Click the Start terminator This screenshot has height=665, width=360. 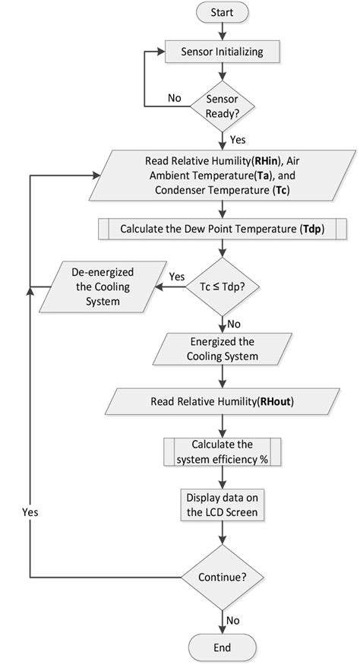pyautogui.click(x=222, y=13)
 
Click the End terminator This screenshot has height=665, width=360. pyautogui.click(x=222, y=648)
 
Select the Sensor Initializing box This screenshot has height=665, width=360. pyautogui.click(x=222, y=52)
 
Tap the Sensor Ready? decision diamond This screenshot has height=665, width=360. pyautogui.click(x=222, y=106)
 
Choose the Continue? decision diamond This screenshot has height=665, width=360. pyautogui.click(x=222, y=577)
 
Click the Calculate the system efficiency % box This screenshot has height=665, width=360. pyautogui.click(x=222, y=451)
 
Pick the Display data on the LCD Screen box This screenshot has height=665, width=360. pyautogui.click(x=222, y=505)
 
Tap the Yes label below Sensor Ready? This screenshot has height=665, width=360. pyautogui.click(x=237, y=140)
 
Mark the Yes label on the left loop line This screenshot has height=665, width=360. pyautogui.click(x=30, y=511)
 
